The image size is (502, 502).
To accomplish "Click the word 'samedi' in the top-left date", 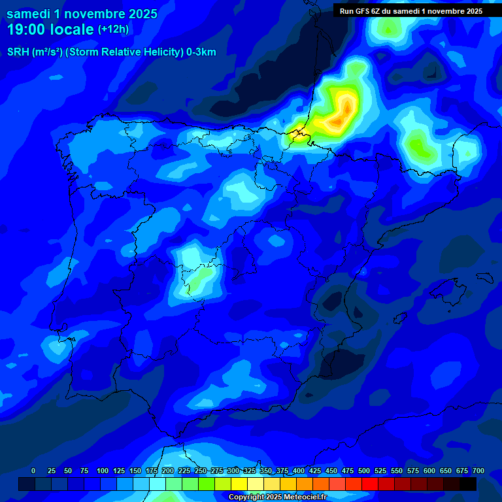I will [x=29, y=14].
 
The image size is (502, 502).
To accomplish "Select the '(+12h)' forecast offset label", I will [x=113, y=29].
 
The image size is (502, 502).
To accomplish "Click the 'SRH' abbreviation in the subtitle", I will [x=18, y=52].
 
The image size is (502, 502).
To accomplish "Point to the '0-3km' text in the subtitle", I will [x=201, y=52].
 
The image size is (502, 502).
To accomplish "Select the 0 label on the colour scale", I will [x=33, y=471].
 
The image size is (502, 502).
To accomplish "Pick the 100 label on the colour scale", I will [x=102, y=471].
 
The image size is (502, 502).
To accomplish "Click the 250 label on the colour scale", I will [x=201, y=471].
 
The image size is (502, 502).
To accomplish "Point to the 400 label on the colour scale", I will [x=299, y=471].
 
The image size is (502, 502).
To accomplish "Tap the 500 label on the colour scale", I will [x=364, y=471].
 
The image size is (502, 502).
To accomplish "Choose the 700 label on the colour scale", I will [x=478, y=471].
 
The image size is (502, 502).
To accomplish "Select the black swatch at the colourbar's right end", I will [x=468, y=484].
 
